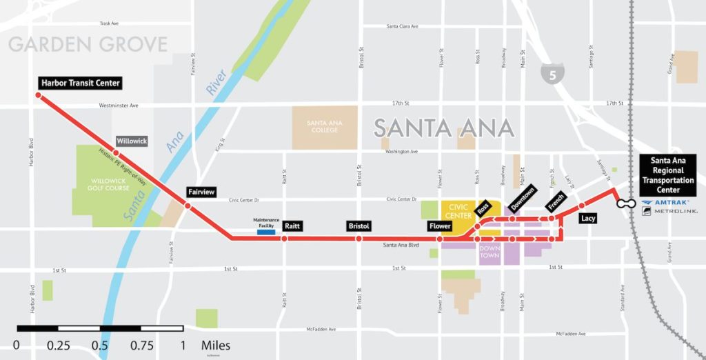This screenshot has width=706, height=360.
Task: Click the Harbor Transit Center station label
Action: pos(81,83)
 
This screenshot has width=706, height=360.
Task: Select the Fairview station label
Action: pos(202,193)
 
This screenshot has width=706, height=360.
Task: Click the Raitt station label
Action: pos(293,226)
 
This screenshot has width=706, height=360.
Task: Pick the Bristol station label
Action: pos(359,226)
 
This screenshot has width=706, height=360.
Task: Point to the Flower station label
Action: pos(439,226)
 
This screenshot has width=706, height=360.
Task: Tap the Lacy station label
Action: pos(588,218)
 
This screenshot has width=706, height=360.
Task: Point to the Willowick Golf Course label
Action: pos(108,184)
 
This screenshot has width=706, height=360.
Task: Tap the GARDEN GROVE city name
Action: pos(88,46)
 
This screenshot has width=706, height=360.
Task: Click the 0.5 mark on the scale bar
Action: pos(100,345)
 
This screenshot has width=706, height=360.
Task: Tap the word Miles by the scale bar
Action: pos(216,345)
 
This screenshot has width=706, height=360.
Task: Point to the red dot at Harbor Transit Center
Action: pos(39,97)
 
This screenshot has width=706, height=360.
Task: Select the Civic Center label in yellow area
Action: pos(458,210)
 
